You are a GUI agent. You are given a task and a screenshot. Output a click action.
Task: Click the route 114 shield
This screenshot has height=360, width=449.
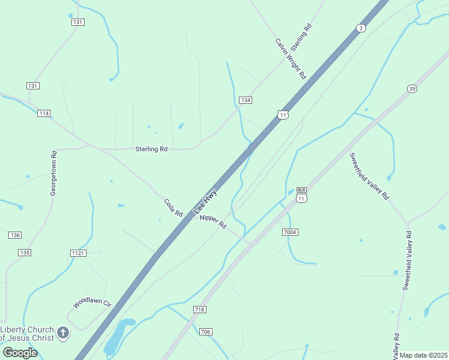43,113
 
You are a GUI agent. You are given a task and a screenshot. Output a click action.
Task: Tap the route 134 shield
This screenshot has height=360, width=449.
244,100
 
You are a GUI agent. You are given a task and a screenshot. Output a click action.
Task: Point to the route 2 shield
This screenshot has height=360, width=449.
360,28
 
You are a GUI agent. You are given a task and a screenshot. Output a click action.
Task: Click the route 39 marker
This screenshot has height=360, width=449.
411,89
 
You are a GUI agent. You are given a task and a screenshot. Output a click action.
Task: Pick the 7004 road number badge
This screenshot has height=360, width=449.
289,232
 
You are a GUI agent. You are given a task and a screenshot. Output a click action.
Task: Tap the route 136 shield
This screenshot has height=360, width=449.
15,235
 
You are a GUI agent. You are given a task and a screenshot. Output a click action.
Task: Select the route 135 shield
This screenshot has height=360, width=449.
24,253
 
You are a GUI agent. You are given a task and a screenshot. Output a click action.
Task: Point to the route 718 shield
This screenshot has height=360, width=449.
200,309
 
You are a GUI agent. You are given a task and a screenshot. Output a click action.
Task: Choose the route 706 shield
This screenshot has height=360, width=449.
205,332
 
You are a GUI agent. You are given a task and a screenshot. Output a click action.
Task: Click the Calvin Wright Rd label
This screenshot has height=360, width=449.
291,59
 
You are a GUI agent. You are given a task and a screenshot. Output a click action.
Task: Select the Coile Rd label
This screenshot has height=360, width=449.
173,208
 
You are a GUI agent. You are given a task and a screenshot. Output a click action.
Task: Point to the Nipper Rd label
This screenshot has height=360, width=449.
213,221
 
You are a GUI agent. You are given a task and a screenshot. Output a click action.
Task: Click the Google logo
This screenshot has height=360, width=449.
20,352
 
